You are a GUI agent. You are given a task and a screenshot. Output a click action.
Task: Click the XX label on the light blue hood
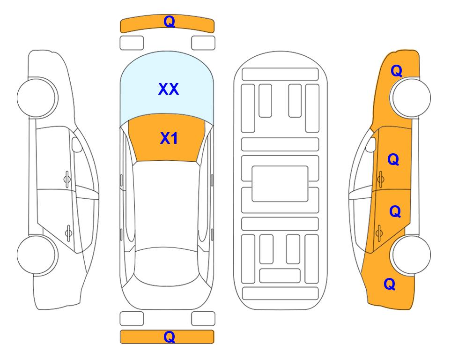coord(169,89)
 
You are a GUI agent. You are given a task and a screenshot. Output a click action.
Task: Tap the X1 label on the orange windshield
coord(169,138)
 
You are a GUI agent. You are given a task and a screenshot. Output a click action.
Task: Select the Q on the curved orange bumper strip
coord(169,22)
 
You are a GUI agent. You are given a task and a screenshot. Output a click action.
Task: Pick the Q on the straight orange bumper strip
coord(169,337)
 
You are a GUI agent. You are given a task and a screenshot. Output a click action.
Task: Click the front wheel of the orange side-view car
coord(410,97)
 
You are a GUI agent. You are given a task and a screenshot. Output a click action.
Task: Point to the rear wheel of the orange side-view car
coord(410,255)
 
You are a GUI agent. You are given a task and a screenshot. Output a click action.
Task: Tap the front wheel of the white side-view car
coord(37,97)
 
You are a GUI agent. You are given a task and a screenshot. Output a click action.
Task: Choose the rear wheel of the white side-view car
coord(37,255)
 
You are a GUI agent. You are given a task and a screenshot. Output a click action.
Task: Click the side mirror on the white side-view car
coord(77,144)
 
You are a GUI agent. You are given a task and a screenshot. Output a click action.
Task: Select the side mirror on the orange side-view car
coord(371,144)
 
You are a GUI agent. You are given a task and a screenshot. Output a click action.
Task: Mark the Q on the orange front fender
coord(396,71)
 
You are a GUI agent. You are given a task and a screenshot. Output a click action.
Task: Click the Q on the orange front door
coord(393,159)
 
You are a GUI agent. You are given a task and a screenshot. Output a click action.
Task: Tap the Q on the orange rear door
coord(395,211)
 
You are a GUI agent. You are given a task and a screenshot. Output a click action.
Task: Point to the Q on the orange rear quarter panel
coord(390,284)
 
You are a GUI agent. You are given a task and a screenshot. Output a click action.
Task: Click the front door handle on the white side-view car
coord(67,180)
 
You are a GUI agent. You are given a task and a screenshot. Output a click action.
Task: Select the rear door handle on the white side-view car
coord(68,233)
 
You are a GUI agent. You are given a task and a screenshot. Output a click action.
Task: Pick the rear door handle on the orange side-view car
coord(379,233)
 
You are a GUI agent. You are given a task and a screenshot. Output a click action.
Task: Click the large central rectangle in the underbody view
coord(280,184)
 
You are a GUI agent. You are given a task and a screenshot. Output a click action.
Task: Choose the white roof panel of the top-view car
coord(166,205)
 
